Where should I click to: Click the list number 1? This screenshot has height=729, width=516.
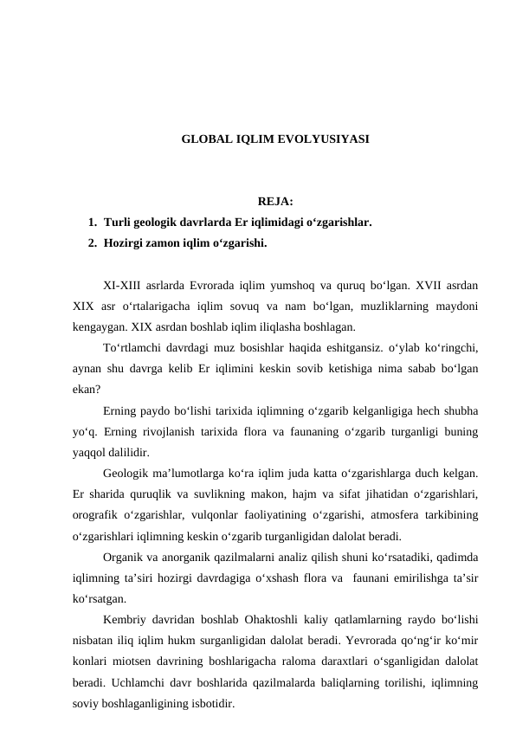point(92,223)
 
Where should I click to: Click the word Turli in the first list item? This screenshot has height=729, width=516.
point(117,223)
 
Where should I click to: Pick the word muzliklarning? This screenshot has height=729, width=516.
point(396,305)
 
